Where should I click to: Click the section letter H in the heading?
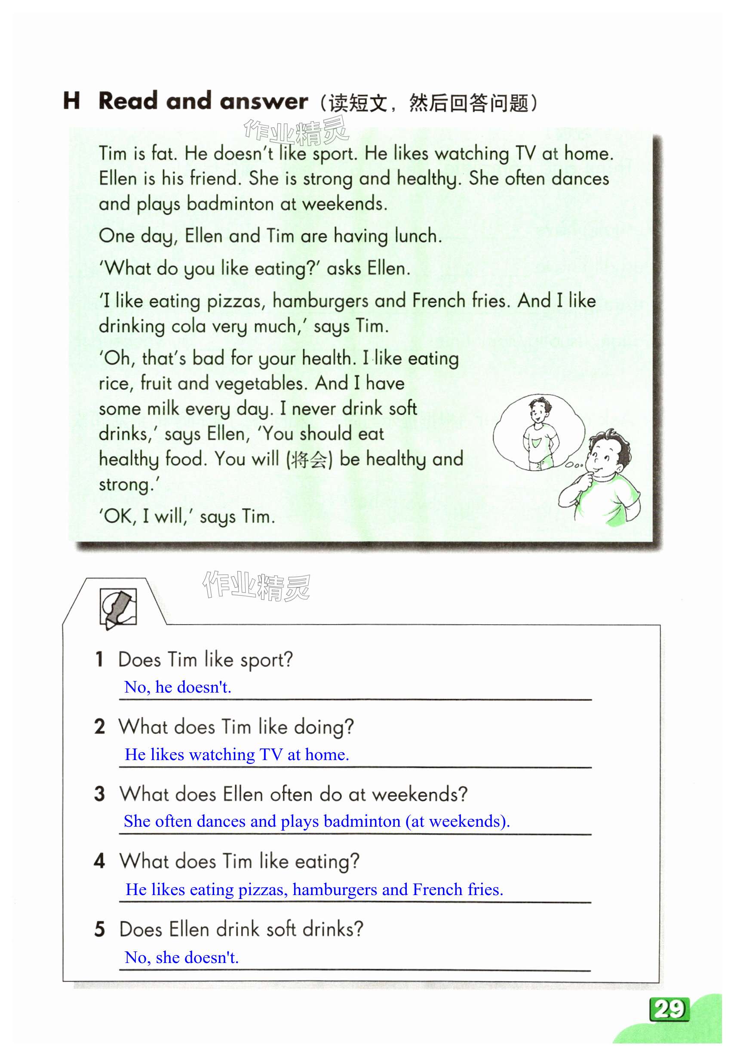coord(71,101)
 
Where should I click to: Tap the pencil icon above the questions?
coord(118,608)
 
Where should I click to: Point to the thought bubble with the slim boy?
coord(539,432)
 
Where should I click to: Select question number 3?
coord(99,794)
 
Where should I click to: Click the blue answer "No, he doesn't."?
coord(178,687)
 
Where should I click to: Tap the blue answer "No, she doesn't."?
coord(181,957)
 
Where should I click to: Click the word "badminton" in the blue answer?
coord(362,821)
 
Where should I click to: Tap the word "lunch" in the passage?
coord(418,236)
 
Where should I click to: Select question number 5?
coord(99,929)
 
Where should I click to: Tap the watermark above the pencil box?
coord(256,586)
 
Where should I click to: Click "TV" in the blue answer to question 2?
coord(271,754)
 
